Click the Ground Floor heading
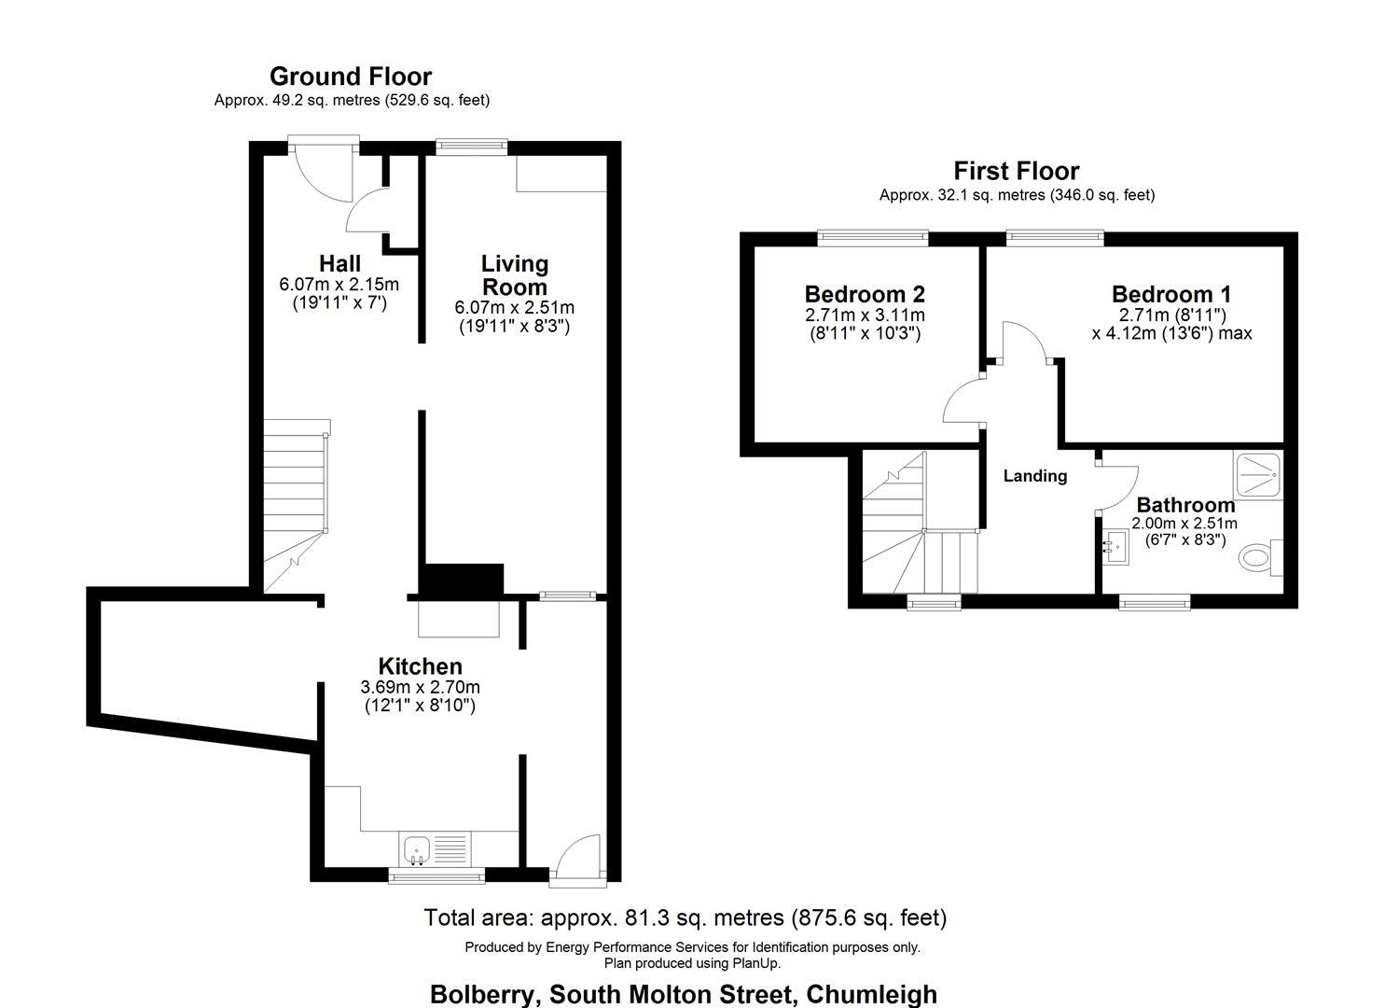pos(351,76)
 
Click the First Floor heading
pos(1016,171)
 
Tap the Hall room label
pos(339,264)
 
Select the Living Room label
pos(514,275)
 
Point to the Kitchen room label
pos(420,666)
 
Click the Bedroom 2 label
pos(865,294)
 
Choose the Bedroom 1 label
pos(1171,294)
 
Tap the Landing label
pos(1034,476)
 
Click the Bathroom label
pos(1184,505)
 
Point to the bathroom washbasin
pos(1115,548)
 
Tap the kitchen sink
pos(417,849)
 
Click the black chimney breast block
pos(462,580)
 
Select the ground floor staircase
pos(295,504)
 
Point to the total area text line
pos(685,917)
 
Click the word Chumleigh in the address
pos(871,994)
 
